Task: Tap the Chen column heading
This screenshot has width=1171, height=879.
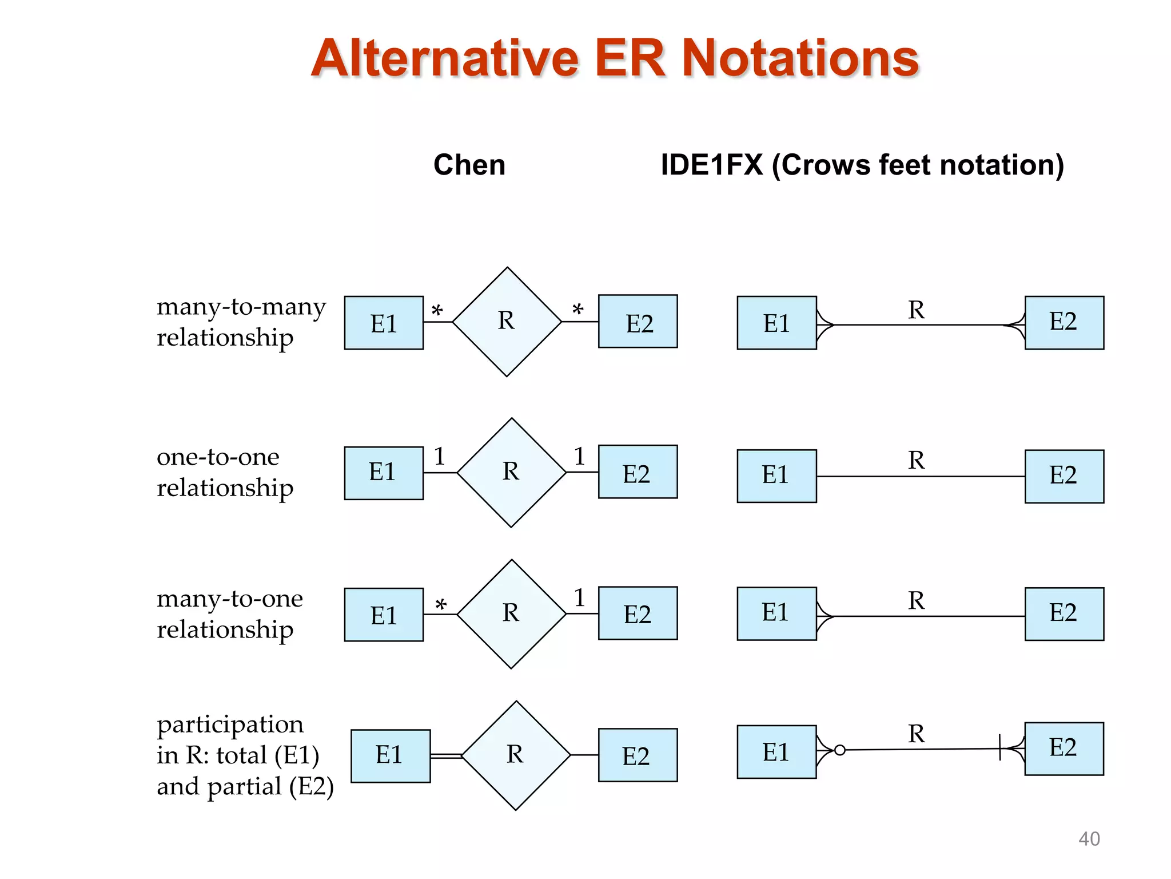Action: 469,165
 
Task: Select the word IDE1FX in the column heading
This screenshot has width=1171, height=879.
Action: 711,165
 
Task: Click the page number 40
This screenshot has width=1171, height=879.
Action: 1089,839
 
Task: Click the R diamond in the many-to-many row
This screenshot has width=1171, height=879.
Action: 507,322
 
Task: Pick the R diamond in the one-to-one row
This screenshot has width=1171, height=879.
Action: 511,473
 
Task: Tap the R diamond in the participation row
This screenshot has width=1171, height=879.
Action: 516,755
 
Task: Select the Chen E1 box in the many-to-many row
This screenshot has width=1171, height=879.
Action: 384,323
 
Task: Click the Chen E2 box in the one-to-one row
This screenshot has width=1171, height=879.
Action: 638,472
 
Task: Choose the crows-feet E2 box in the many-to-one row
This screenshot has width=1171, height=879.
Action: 1064,613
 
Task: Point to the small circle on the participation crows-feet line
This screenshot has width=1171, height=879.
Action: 839,750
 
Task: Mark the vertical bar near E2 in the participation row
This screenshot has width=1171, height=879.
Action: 999,747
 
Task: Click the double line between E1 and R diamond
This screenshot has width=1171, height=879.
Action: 445,756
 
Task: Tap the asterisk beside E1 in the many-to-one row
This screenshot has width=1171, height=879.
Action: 440,605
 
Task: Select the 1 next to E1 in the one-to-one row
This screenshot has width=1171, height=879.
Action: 439,457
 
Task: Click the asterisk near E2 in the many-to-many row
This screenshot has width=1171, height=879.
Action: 577,310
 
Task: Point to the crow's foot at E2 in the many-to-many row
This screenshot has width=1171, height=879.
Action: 1014,325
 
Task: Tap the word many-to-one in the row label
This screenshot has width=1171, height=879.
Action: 229,599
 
